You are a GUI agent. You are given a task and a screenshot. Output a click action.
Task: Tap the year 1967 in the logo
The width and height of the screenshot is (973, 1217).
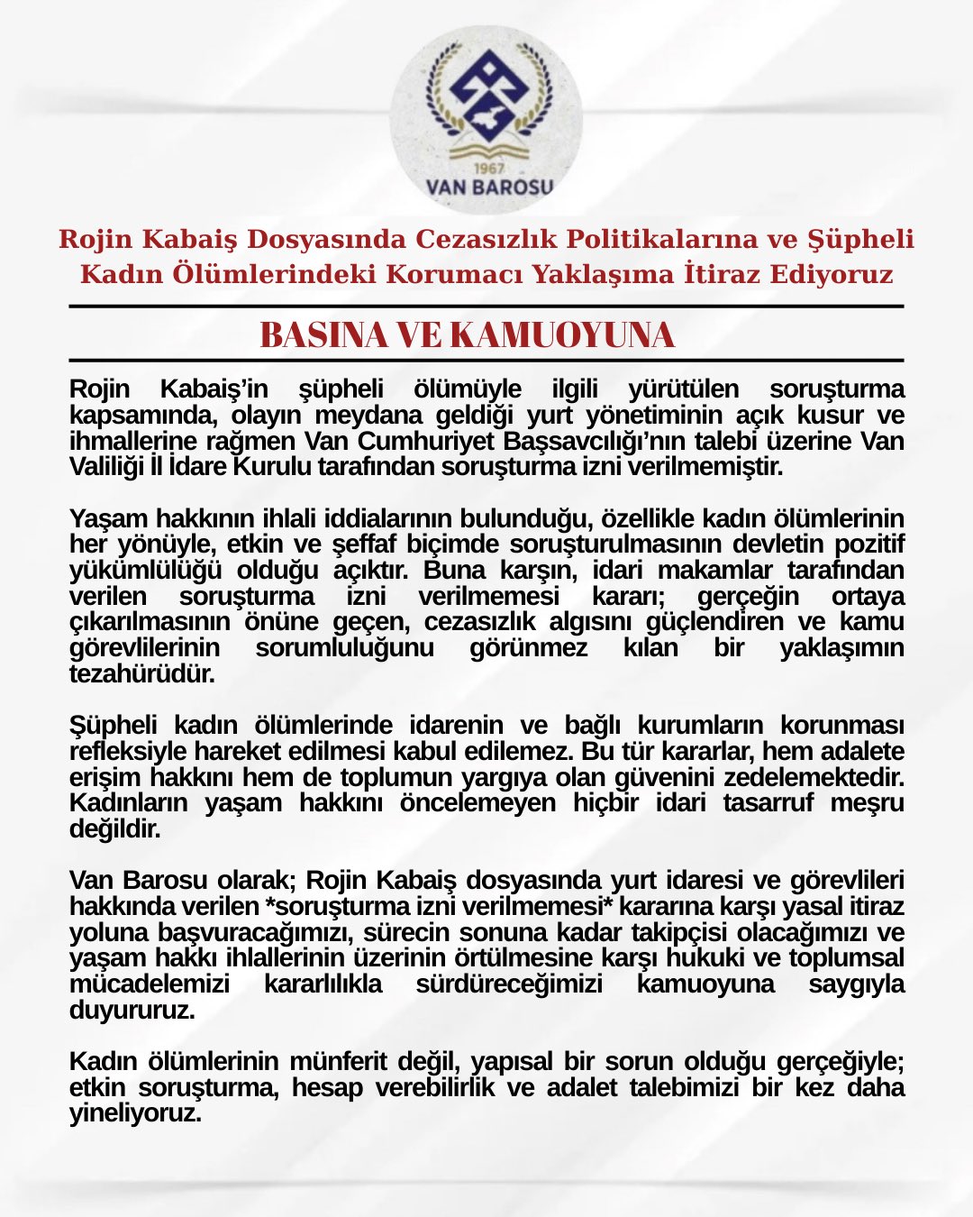[487, 169]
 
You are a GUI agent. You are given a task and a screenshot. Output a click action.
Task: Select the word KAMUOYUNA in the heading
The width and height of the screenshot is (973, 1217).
[561, 335]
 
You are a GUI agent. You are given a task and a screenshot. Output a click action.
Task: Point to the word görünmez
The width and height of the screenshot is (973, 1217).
[529, 648]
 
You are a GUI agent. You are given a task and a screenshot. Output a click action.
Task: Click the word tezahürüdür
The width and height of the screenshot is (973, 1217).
[141, 674]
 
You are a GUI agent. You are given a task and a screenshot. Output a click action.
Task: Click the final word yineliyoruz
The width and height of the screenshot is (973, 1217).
[135, 1113]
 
